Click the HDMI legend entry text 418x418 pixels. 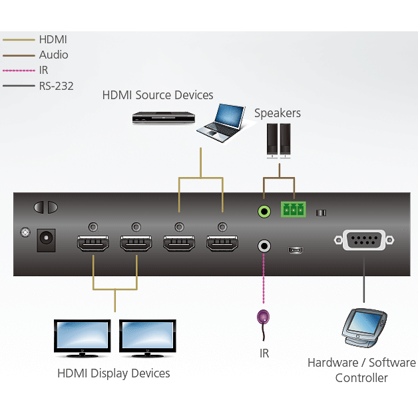coord(53,40)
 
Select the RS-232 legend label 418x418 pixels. coord(56,85)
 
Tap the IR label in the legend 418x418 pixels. coord(44,70)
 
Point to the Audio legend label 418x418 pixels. coord(53,55)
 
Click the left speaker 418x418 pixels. coord(272,140)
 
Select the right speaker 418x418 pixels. coord(286,140)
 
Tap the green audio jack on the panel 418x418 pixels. coord(264,212)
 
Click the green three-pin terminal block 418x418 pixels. coord(292,210)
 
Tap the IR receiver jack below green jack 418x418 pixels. coord(264,246)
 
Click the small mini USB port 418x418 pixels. coord(295,250)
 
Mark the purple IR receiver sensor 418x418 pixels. coord(264,318)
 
